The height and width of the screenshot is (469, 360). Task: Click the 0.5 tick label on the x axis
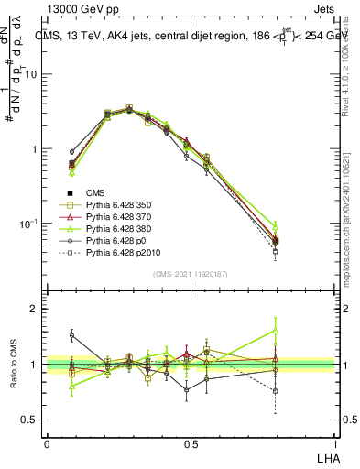point(190,444)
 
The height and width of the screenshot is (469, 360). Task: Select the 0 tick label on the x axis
point(47,444)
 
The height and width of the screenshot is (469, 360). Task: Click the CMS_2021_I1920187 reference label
point(190,272)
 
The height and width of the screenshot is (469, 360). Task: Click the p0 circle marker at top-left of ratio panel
point(71,335)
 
